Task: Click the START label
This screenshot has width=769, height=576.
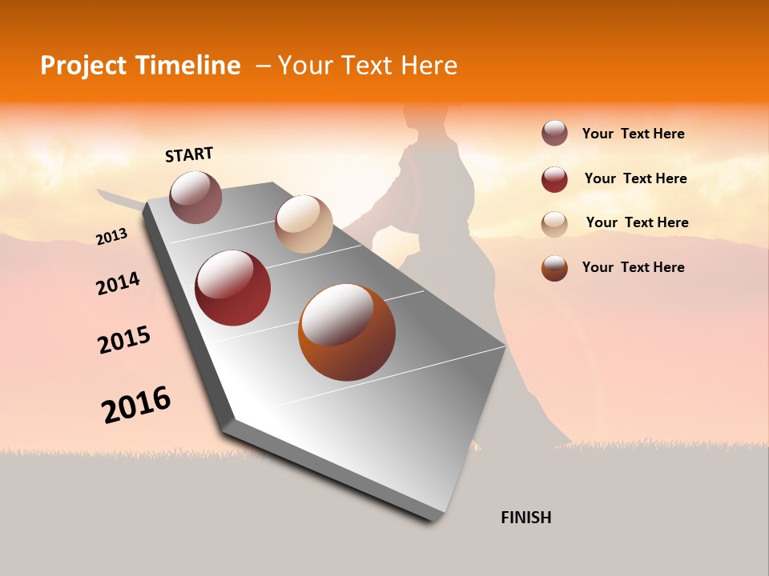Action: [x=189, y=154]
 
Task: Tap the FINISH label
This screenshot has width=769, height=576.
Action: [x=525, y=518]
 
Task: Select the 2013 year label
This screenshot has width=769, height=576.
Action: [x=111, y=237]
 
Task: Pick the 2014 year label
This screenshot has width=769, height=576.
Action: [x=118, y=283]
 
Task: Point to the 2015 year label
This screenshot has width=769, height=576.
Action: [x=124, y=340]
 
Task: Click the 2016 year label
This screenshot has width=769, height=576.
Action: [x=136, y=405]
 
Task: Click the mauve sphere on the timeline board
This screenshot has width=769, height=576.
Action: [x=196, y=197]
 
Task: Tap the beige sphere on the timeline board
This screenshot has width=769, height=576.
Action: [x=304, y=224]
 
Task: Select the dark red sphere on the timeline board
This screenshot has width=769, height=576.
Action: [x=233, y=288]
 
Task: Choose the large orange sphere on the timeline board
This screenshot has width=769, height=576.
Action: [x=347, y=332]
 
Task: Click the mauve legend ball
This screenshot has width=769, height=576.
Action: [x=554, y=133]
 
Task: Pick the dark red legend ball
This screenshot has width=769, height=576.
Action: [x=554, y=179]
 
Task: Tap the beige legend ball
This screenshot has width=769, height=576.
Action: [x=554, y=224]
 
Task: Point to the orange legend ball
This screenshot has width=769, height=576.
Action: [x=554, y=268]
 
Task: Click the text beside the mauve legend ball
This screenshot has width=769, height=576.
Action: [x=633, y=134]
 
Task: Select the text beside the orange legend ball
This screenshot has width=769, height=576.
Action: [x=633, y=267]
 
